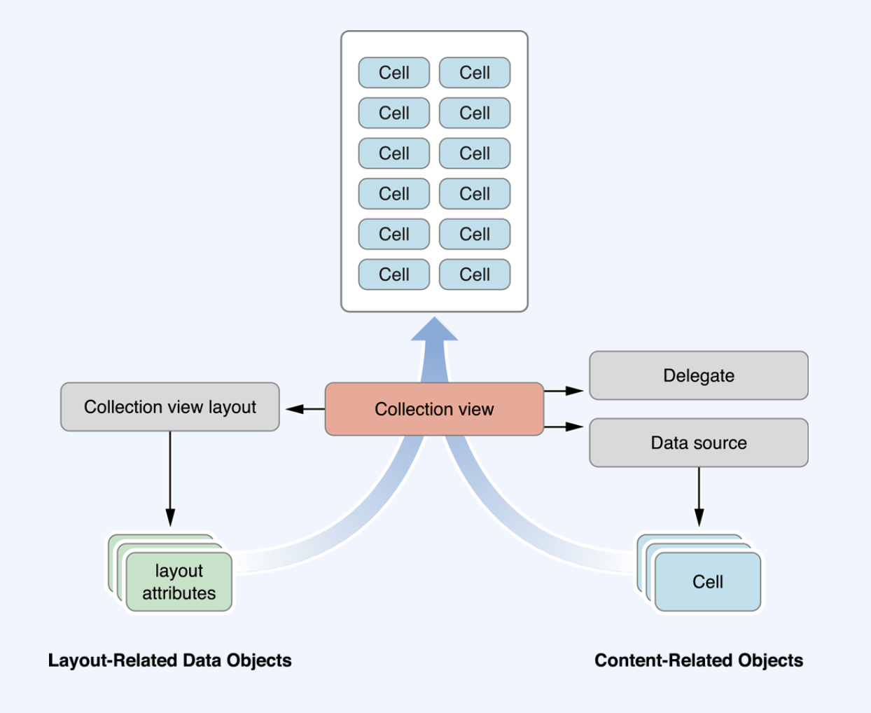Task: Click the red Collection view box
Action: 434,409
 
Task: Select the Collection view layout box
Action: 169,407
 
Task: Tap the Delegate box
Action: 699,375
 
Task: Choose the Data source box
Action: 699,443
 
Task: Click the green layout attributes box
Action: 179,581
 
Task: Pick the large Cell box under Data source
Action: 708,581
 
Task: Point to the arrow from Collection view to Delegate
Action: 564,390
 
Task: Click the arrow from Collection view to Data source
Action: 564,427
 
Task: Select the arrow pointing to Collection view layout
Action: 305,409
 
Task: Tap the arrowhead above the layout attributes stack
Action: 170,518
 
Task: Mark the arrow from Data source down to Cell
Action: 699,497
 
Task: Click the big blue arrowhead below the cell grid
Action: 434,329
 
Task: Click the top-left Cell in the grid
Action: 394,73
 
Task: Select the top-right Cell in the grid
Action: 475,73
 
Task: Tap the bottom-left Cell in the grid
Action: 394,275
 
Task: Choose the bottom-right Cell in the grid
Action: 475,275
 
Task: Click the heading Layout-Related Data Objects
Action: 169,660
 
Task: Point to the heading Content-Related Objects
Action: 699,660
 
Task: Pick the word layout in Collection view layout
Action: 232,408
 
